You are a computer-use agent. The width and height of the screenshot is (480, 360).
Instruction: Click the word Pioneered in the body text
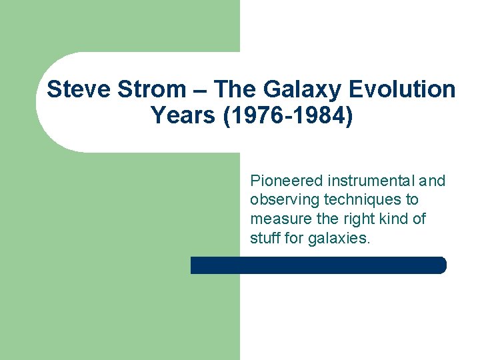click(x=286, y=181)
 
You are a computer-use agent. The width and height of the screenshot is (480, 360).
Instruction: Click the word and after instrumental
click(x=433, y=181)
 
